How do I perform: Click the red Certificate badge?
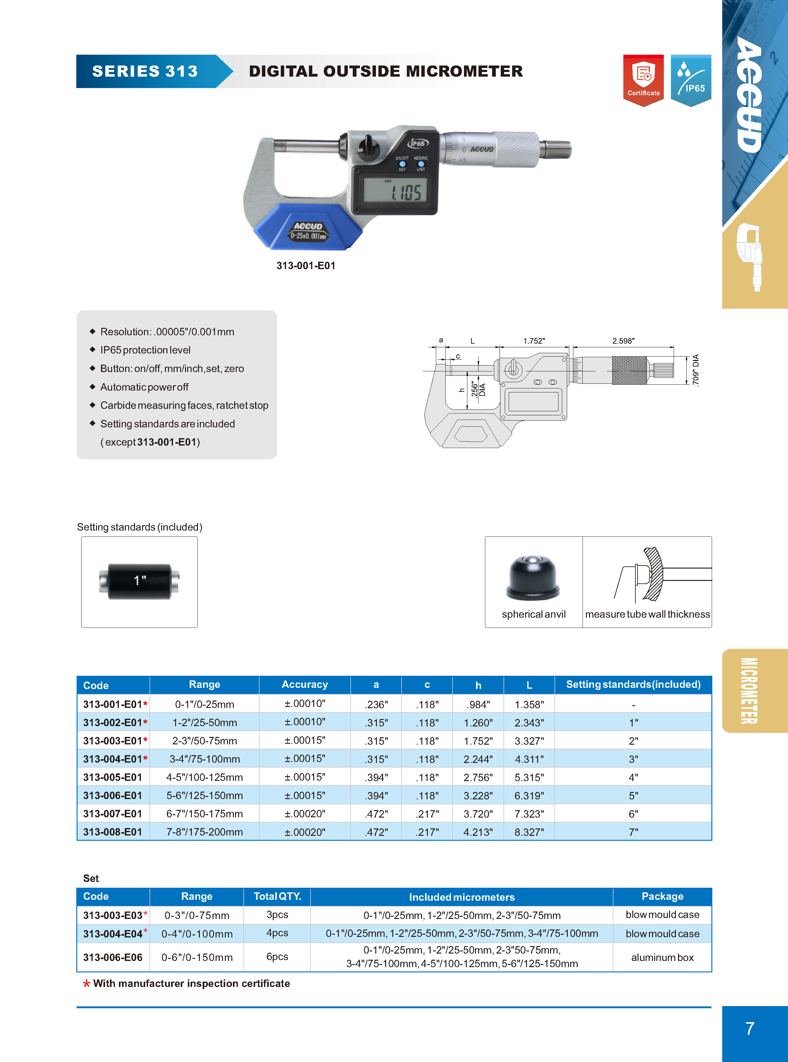pos(643,80)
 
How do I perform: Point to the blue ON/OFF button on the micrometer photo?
pos(402,164)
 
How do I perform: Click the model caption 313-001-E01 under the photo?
pos(306,266)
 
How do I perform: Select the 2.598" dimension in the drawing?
pos(623,341)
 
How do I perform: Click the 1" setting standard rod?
pos(139,581)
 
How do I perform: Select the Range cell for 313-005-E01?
pos(204,777)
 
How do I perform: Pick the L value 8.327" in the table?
pos(529,832)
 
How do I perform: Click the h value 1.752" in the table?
pos(478,741)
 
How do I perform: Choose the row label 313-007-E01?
pos(112,814)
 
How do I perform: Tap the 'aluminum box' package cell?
pos(662,957)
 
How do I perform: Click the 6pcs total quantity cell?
pos(277,957)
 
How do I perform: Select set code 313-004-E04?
pos(112,934)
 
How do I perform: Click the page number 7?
pos(749,1029)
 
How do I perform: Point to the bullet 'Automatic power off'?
pos(144,387)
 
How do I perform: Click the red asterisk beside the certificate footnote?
pos(86,984)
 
